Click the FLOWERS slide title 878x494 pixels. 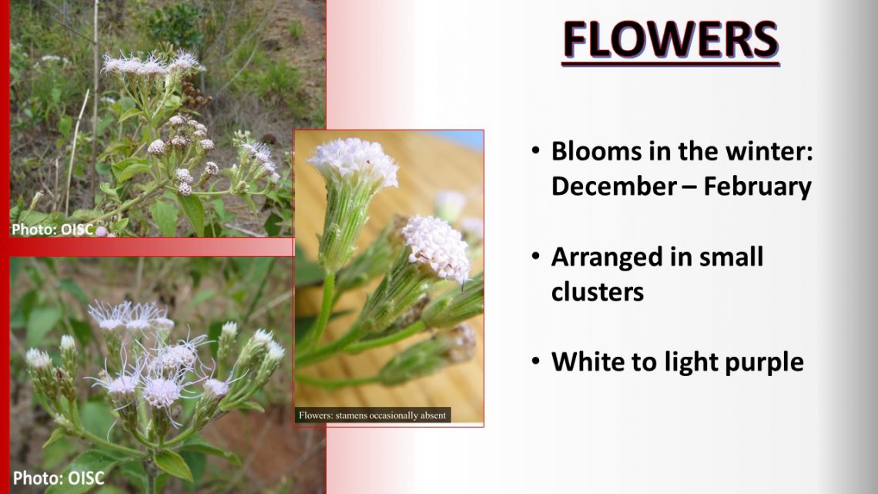click(x=671, y=40)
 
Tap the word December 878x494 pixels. click(x=614, y=187)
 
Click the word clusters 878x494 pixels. click(x=598, y=292)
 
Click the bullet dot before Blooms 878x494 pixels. click(x=536, y=151)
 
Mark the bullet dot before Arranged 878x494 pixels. click(x=536, y=257)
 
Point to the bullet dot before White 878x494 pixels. click(x=536, y=361)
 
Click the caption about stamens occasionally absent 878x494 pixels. click(x=372, y=415)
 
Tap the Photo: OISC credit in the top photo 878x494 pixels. click(x=52, y=230)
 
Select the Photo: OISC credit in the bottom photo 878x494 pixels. click(x=59, y=478)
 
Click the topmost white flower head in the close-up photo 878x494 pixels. click(x=354, y=162)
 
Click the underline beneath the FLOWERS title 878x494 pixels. click(x=671, y=65)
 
